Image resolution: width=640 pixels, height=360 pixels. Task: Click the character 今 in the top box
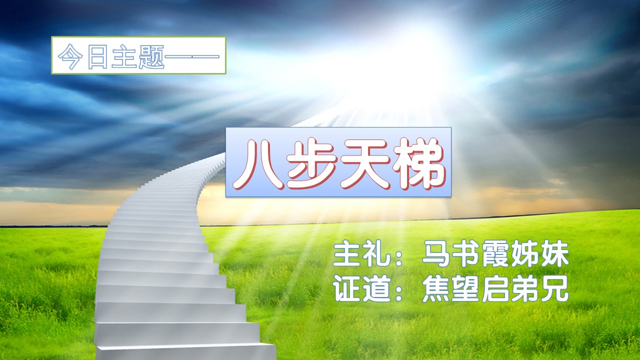pyautogui.click(x=70, y=56)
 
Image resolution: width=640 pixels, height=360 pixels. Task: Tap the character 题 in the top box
pyautogui.click(x=151, y=56)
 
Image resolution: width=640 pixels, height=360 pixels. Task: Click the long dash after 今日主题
pyautogui.click(x=192, y=56)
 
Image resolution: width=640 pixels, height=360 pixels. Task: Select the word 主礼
pyautogui.click(x=361, y=254)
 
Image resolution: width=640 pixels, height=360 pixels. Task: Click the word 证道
pyautogui.click(x=361, y=288)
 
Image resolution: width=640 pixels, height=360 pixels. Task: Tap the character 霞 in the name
pyautogui.click(x=495, y=254)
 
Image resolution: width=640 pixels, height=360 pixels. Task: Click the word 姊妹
pyautogui.click(x=539, y=254)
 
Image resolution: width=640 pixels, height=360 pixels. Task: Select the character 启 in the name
pyautogui.click(x=495, y=288)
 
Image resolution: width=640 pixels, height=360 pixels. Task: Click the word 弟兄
pyautogui.click(x=539, y=288)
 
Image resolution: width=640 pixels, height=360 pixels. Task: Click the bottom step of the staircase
pyautogui.click(x=185, y=352)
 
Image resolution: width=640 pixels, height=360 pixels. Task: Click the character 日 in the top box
pyautogui.click(x=97, y=56)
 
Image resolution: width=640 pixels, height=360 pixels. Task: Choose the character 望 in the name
pyautogui.click(x=465, y=288)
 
